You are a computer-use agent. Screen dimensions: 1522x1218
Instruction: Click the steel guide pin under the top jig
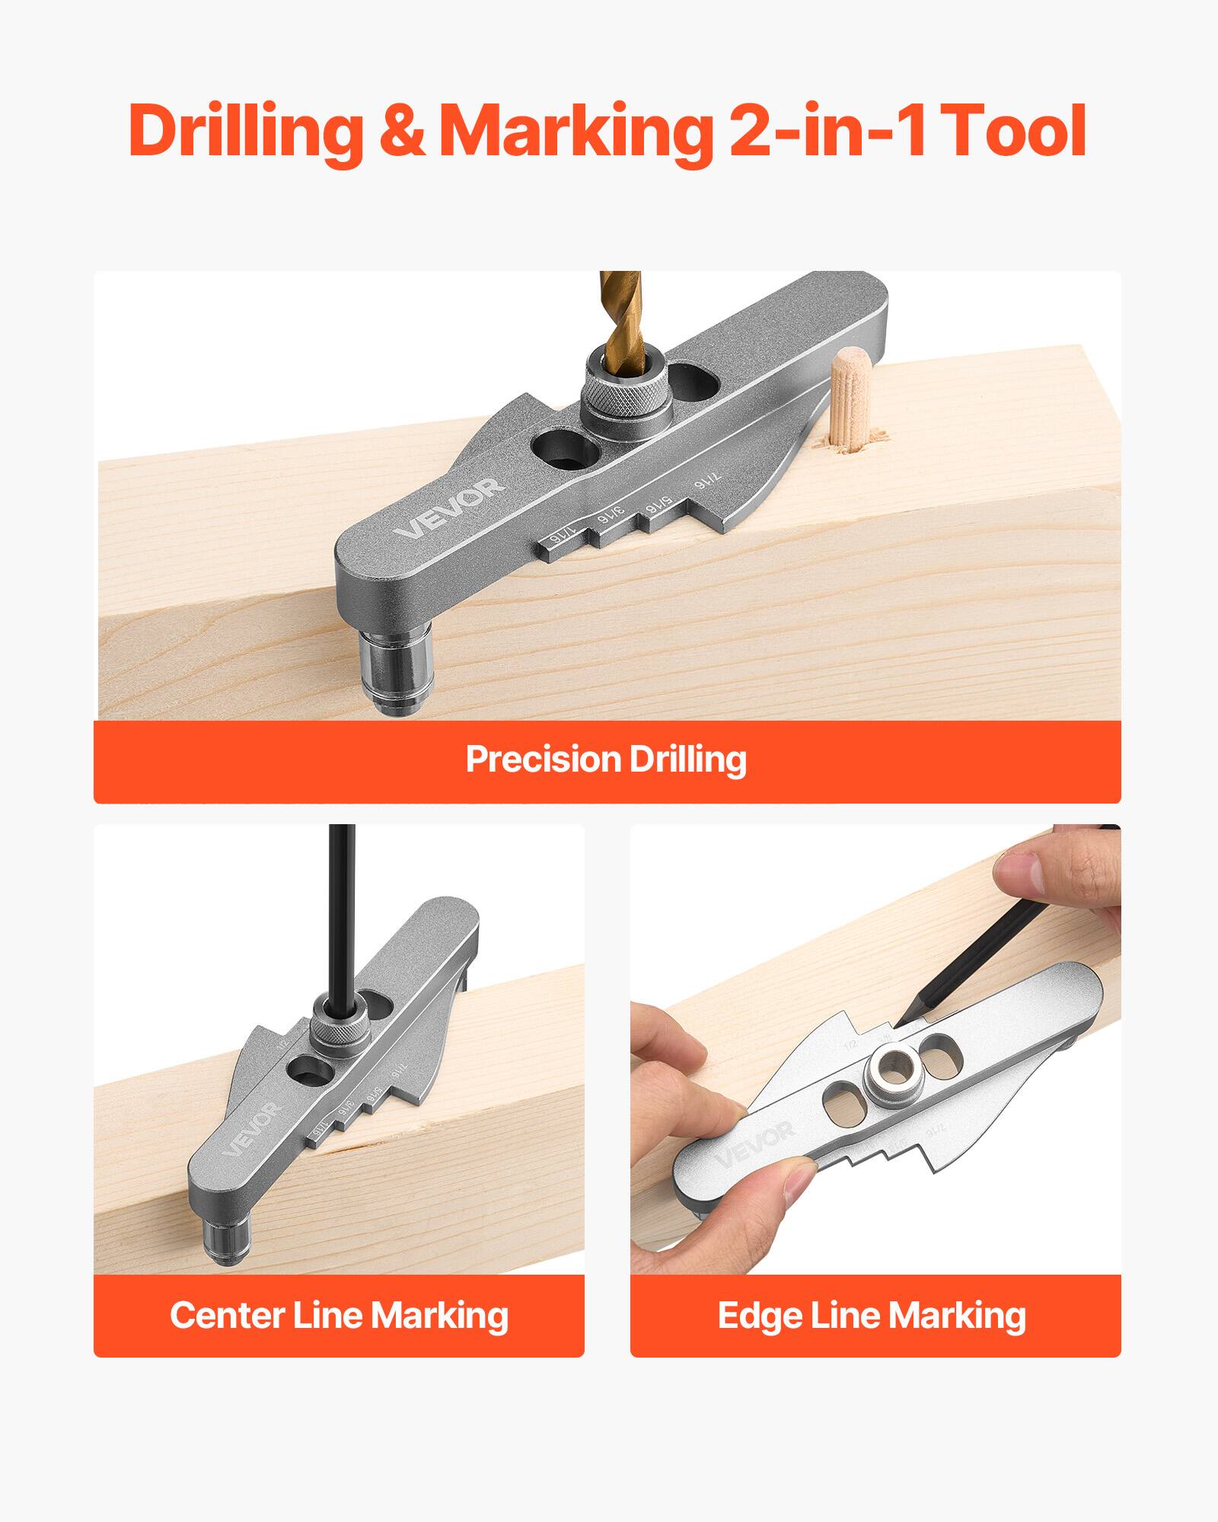[x=396, y=670]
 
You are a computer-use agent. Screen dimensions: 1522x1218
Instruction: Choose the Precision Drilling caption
[x=607, y=759]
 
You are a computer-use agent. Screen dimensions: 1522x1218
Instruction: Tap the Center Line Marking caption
[x=339, y=1315]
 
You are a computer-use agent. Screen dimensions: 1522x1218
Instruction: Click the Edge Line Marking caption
[x=872, y=1315]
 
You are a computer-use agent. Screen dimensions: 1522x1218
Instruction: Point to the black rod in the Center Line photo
[x=340, y=913]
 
